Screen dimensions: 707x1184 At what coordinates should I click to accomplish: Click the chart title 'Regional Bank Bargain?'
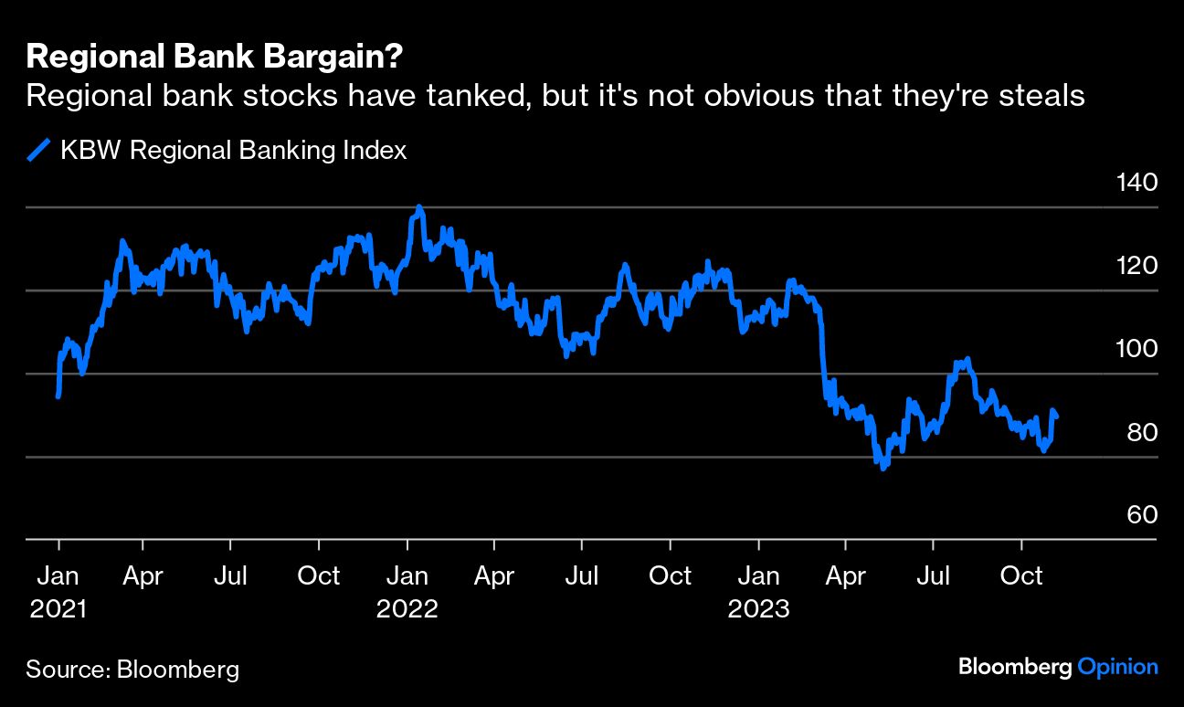[x=216, y=58]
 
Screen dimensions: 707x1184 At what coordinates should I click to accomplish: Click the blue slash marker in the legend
[x=39, y=151]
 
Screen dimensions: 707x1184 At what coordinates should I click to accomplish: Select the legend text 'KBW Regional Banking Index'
[x=233, y=151]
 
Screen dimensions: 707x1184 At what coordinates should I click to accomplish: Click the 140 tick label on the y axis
[x=1136, y=183]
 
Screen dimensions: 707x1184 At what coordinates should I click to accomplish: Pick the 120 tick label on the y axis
[x=1136, y=266]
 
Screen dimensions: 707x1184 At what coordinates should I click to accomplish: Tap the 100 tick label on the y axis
[x=1136, y=349]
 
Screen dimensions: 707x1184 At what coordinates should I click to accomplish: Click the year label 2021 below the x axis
[x=58, y=609]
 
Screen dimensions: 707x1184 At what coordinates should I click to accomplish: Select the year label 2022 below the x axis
[x=407, y=609]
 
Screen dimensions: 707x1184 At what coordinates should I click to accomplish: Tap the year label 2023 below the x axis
[x=758, y=609]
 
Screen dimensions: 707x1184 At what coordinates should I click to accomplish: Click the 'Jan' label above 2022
[x=407, y=576]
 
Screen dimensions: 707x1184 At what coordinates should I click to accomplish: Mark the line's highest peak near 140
[x=419, y=208]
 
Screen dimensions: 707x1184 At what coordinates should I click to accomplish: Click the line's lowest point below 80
[x=883, y=468]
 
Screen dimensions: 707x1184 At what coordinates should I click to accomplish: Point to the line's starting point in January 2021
[x=58, y=396]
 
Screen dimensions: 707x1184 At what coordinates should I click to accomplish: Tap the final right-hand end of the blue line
[x=1057, y=417]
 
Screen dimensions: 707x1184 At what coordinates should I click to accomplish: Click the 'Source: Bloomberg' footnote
[x=132, y=670]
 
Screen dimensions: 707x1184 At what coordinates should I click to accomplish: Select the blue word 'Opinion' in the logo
[x=1117, y=667]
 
